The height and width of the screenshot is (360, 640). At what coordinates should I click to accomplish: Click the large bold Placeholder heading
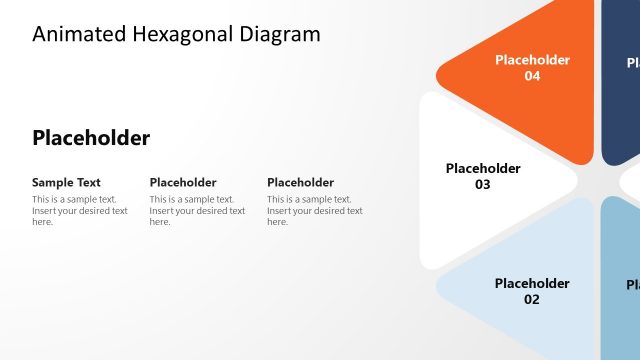pyautogui.click(x=91, y=138)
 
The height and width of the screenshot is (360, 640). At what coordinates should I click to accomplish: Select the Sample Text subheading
pyautogui.click(x=66, y=182)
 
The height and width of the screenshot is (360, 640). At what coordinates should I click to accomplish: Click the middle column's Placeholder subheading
pyautogui.click(x=183, y=182)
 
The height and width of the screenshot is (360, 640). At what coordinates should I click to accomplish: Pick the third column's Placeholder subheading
pyautogui.click(x=300, y=182)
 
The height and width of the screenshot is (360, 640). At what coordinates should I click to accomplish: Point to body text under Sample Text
pyautogui.click(x=79, y=210)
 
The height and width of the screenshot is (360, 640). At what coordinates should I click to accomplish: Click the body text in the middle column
pyautogui.click(x=197, y=210)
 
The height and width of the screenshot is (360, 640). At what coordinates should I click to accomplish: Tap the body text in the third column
pyautogui.click(x=314, y=210)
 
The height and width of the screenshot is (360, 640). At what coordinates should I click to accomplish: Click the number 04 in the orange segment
pyautogui.click(x=532, y=76)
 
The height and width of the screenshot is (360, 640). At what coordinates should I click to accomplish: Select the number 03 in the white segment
pyautogui.click(x=483, y=185)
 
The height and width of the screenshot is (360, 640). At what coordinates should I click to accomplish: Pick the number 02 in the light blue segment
pyautogui.click(x=531, y=299)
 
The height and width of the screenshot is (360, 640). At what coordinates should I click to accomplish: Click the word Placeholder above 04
pyautogui.click(x=532, y=60)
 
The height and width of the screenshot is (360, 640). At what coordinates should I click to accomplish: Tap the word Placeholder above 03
pyautogui.click(x=483, y=168)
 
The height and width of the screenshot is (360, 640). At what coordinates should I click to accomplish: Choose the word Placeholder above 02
pyautogui.click(x=532, y=283)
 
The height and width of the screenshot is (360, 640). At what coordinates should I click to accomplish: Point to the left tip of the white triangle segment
pyautogui.click(x=424, y=180)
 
